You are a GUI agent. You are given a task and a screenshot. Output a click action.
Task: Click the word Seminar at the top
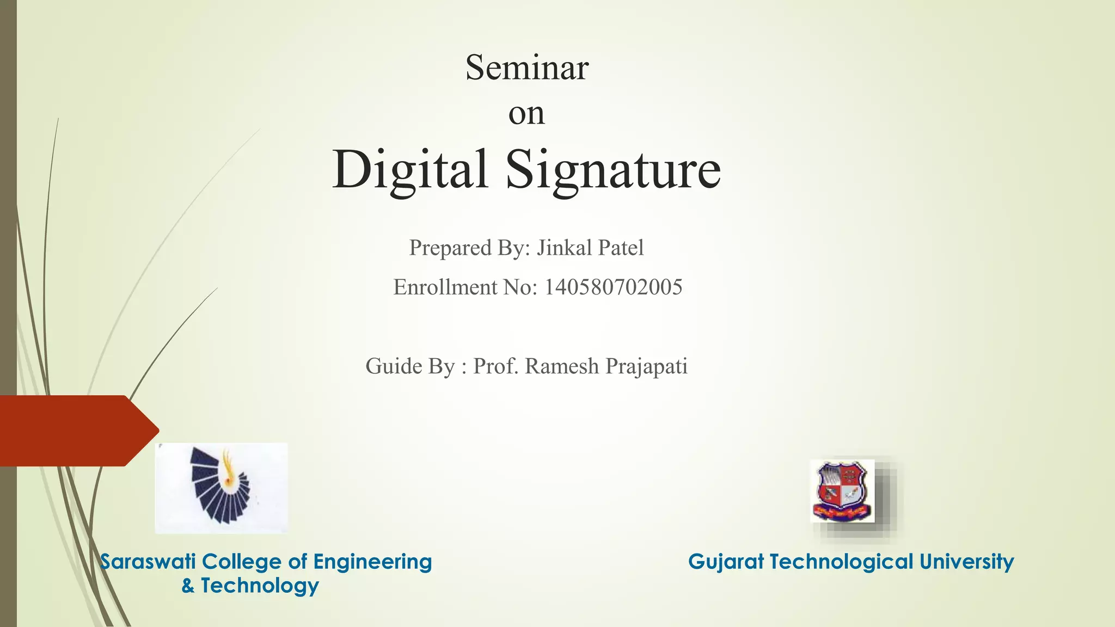(x=526, y=68)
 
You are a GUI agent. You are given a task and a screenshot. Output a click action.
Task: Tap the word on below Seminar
(x=526, y=114)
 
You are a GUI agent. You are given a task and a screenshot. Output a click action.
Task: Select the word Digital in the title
(x=410, y=170)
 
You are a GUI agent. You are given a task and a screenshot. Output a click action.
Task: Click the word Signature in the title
(x=614, y=170)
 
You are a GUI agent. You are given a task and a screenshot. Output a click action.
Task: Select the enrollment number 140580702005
(x=613, y=287)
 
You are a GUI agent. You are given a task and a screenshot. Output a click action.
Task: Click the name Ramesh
(x=562, y=366)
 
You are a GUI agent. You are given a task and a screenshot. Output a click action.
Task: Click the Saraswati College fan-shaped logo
(x=221, y=488)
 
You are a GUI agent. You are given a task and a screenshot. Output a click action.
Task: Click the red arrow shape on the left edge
(x=76, y=431)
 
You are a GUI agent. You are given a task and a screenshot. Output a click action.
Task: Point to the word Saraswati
(x=148, y=562)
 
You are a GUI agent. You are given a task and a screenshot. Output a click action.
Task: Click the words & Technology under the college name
(x=250, y=586)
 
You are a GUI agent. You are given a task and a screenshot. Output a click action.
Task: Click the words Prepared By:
(x=469, y=248)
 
